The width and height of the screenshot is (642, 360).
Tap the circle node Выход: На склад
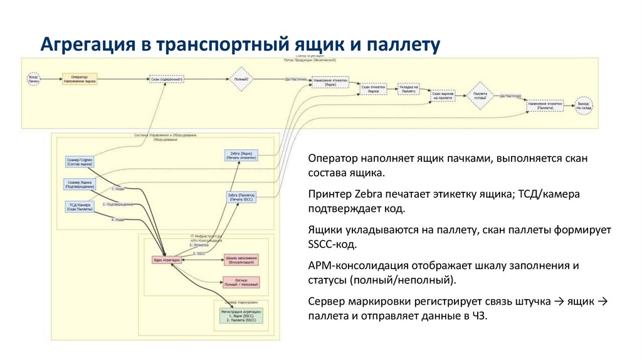click(584, 105)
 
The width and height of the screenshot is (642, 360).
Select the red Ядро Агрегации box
click(167, 259)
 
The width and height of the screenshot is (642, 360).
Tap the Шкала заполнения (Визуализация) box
click(241, 259)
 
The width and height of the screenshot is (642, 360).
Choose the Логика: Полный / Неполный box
click(241, 282)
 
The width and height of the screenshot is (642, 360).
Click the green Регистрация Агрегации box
click(242, 315)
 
